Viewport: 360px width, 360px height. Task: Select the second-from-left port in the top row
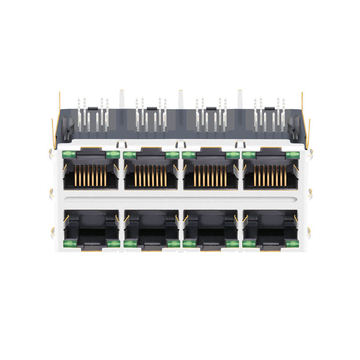(x=150, y=177)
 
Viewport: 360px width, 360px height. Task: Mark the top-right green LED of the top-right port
(x=292, y=155)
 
